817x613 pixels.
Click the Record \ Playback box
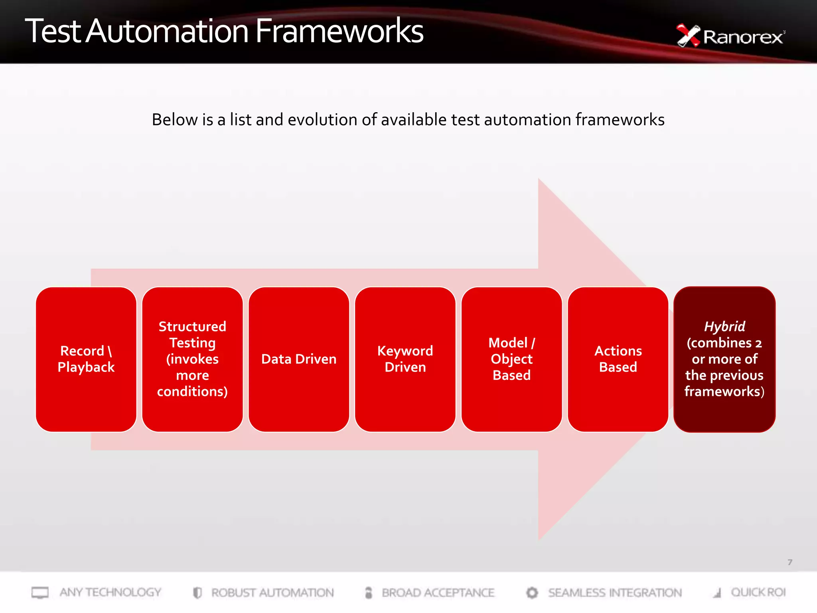pos(86,359)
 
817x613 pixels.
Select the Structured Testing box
pos(192,359)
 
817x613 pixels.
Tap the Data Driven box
pos(299,359)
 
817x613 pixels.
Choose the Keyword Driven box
pos(405,359)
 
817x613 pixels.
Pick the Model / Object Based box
pos(511,359)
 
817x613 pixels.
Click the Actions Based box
pos(618,359)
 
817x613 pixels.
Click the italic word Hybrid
pos(724,326)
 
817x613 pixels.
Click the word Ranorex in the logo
pos(743,37)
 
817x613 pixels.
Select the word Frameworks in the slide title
pos(339,31)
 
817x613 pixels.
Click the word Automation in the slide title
pos(168,31)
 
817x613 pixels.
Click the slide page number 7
pos(790,562)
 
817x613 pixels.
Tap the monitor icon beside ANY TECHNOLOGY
pos(40,593)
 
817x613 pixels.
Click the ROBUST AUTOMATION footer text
pos(272,593)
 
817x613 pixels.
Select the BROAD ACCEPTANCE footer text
pos(438,593)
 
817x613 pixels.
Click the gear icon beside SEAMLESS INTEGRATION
pos(532,593)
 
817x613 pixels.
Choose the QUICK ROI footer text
pos(758,592)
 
